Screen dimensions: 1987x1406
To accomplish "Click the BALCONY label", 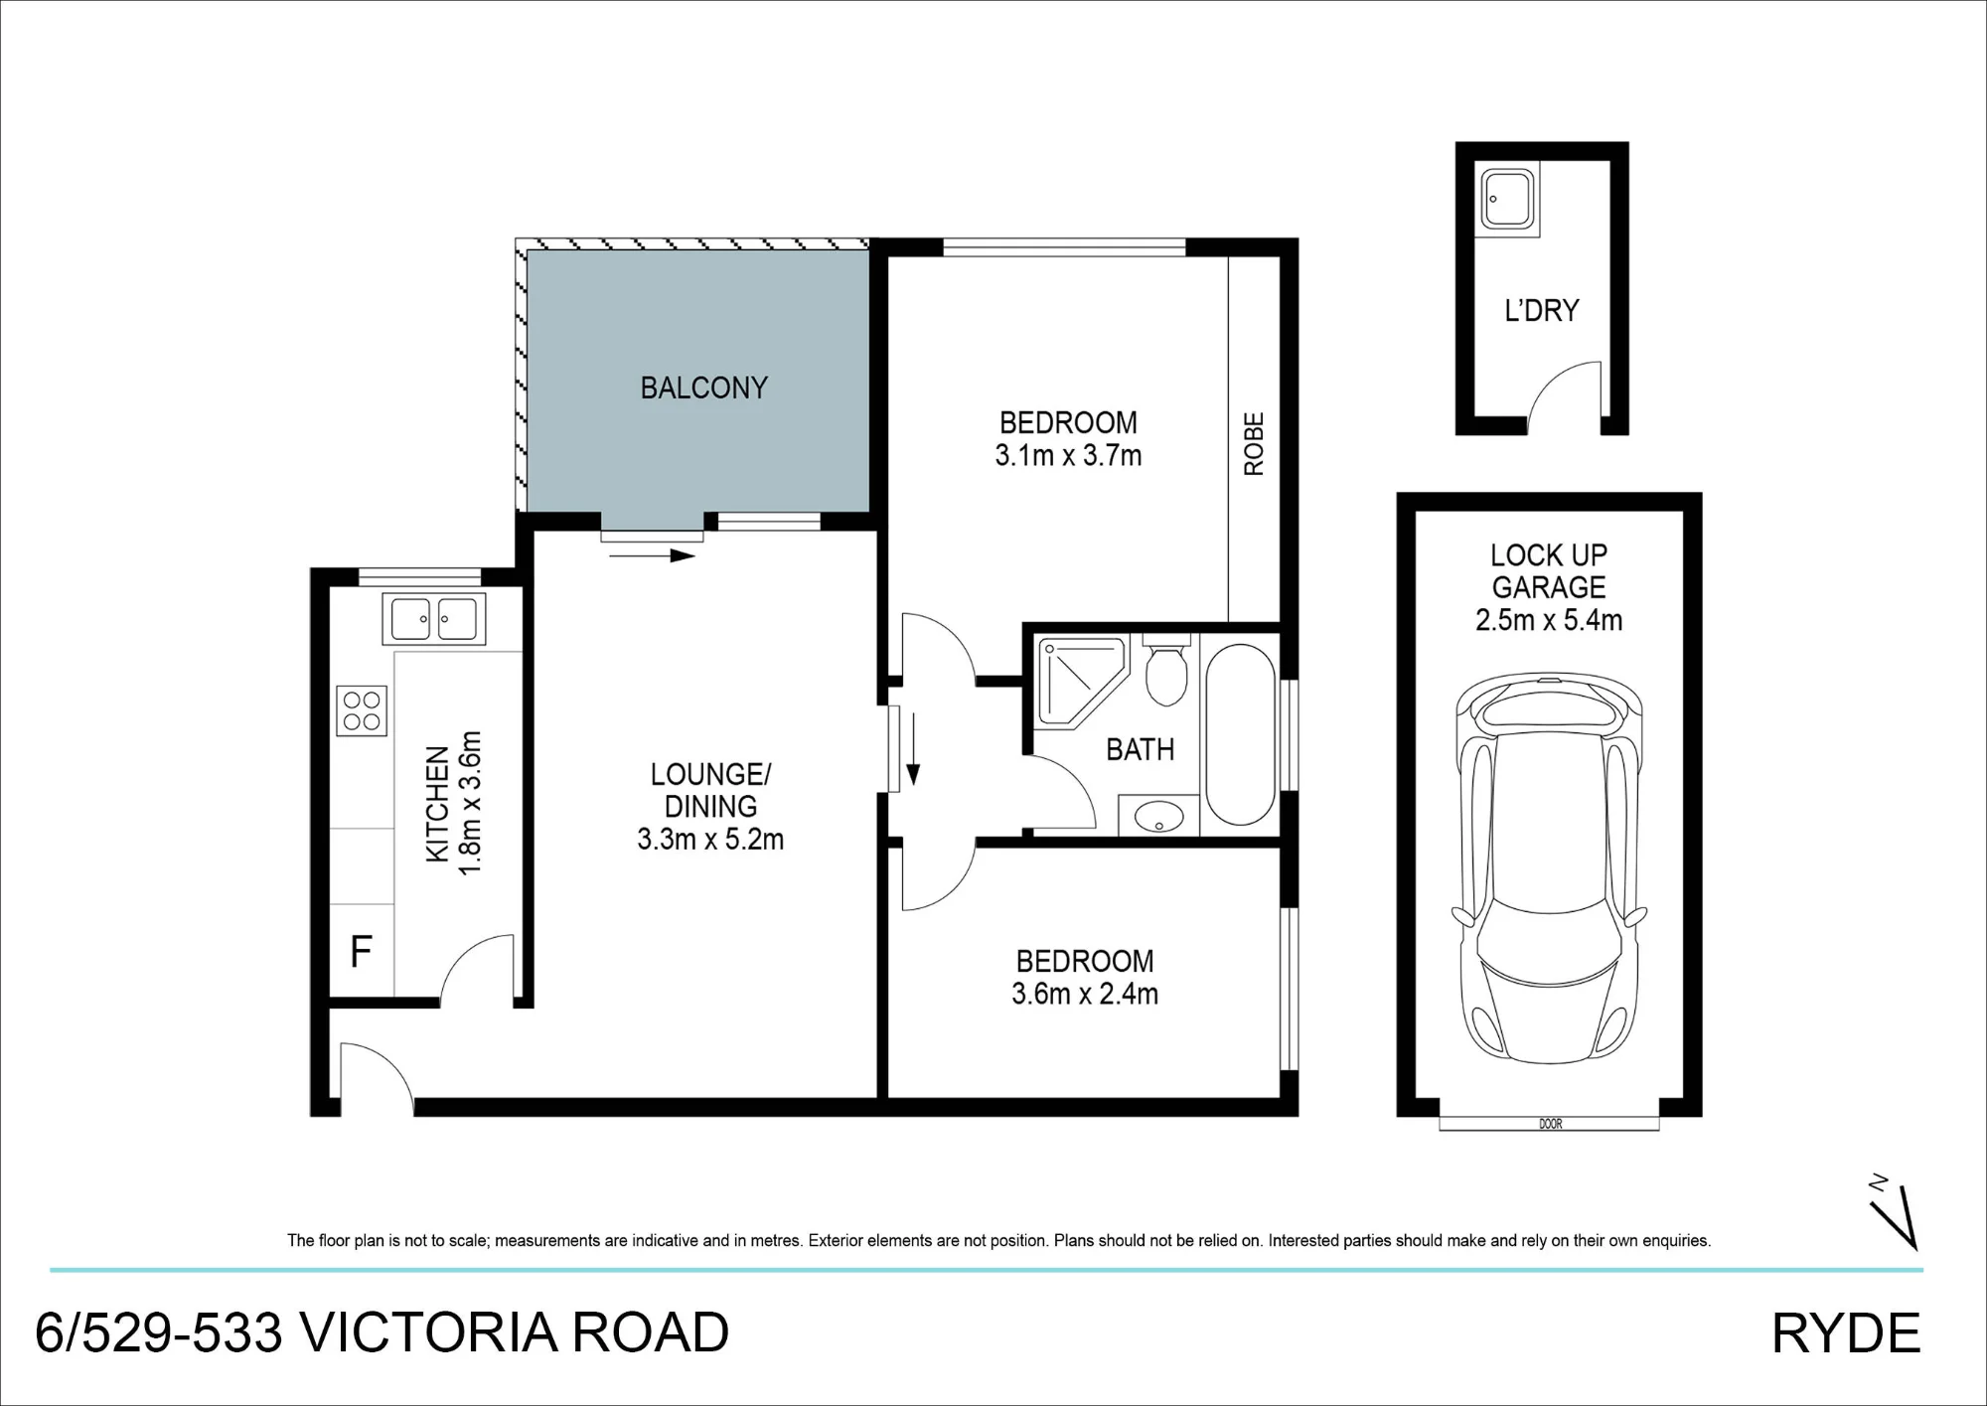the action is (x=703, y=388).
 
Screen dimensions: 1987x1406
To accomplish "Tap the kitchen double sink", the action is (x=434, y=619).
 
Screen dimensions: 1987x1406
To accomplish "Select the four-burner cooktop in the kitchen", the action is (x=362, y=710).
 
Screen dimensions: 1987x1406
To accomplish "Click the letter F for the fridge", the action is (x=361, y=951).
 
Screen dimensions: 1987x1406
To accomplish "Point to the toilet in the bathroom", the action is (x=1165, y=670).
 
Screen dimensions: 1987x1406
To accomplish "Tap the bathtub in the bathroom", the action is (x=1240, y=734).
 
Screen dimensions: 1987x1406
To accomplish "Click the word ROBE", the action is (x=1254, y=444).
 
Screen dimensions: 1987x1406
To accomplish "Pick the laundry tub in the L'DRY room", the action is (x=1507, y=200).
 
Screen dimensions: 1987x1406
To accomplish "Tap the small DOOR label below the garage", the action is (x=1550, y=1124).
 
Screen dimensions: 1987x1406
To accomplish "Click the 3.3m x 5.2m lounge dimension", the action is (x=710, y=840).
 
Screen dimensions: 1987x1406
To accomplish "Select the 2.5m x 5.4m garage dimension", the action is (x=1549, y=620).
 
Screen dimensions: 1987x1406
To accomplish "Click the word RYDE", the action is (x=1846, y=1333).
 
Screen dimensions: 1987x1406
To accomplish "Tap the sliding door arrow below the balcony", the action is (x=652, y=555).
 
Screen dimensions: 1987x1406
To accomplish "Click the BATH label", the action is (x=1141, y=749).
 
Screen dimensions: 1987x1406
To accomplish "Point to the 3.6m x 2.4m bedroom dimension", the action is (x=1085, y=994).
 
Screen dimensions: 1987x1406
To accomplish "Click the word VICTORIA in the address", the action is (x=427, y=1333).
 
